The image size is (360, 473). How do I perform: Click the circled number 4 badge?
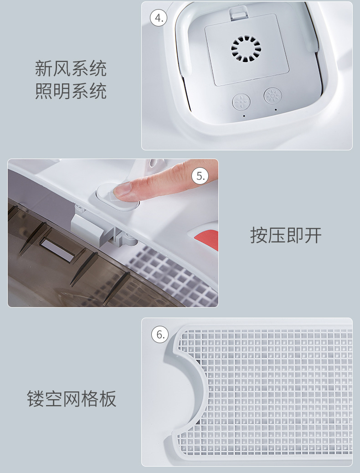click(159, 18)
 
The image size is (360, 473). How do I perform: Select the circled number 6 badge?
click(160, 334)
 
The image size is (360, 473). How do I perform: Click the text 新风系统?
click(71, 68)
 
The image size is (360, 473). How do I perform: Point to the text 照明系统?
click(71, 91)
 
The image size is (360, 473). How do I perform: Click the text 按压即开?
click(286, 235)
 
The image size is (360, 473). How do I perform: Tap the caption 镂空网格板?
click(72, 398)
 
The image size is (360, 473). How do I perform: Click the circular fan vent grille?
click(246, 49)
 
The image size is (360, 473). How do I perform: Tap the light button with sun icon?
click(273, 96)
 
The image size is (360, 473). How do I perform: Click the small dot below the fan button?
click(244, 116)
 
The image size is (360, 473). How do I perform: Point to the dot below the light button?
click(276, 110)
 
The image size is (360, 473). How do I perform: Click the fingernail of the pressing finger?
click(123, 189)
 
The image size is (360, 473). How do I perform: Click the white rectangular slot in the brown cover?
click(57, 250)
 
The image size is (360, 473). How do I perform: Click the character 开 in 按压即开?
click(313, 235)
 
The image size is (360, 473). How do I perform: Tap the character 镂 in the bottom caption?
click(36, 398)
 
